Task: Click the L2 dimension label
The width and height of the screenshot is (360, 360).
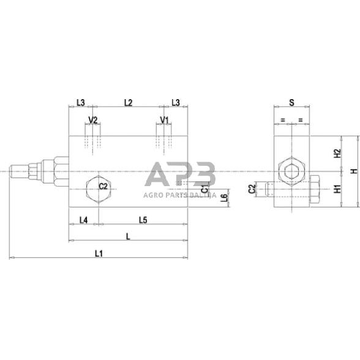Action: point(128,103)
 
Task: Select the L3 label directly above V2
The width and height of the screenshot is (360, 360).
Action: point(81,103)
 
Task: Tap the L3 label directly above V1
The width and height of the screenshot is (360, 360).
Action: point(175,103)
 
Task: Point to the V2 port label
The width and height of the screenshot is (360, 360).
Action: point(93,120)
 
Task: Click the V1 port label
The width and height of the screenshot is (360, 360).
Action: point(164,120)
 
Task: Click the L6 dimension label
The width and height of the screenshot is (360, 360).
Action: point(224,197)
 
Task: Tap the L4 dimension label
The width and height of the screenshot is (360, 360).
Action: point(83,220)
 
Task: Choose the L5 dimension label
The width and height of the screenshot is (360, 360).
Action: point(142,220)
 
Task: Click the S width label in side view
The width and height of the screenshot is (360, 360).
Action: point(291,103)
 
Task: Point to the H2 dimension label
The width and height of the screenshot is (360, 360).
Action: point(337,154)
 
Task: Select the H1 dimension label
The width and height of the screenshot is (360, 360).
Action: point(337,189)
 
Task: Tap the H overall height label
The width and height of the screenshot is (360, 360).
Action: point(352,172)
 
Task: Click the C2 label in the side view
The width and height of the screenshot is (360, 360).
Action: point(252,190)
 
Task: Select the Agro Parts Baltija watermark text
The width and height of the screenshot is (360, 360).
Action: point(179,195)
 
